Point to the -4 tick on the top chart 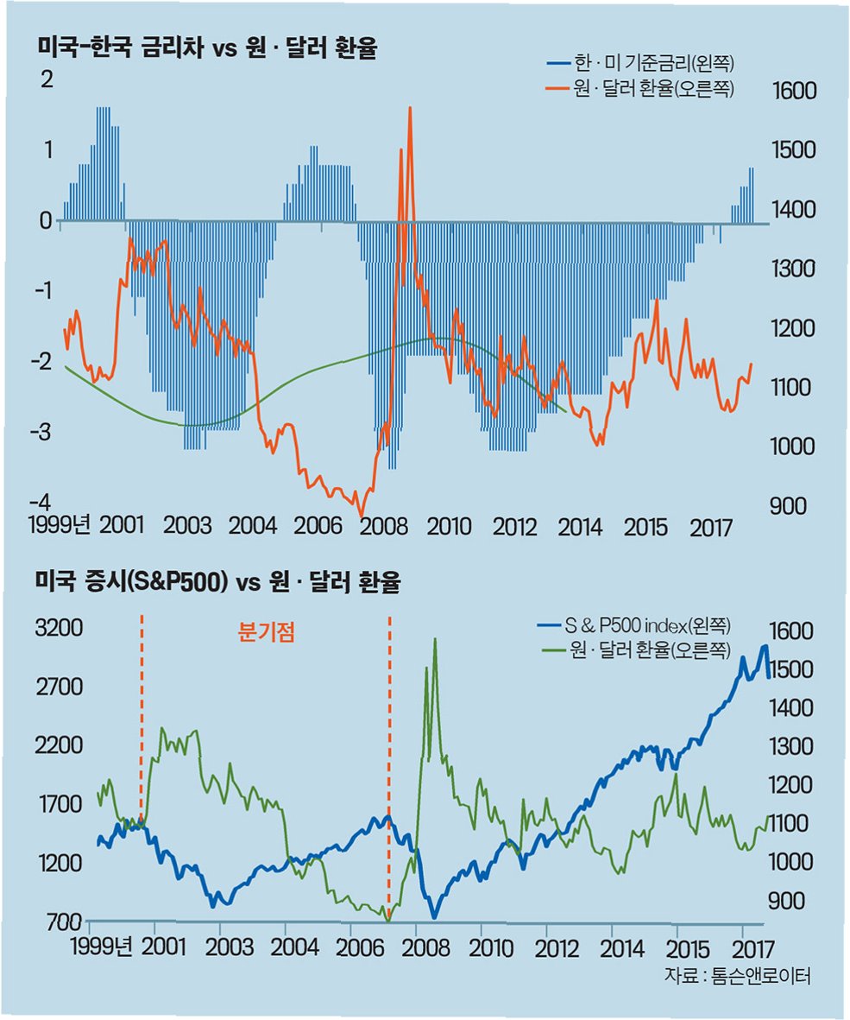(41, 502)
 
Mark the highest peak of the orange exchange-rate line (409, 107)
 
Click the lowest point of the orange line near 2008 (362, 516)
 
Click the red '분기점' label (267, 631)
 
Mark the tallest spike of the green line (435, 639)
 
